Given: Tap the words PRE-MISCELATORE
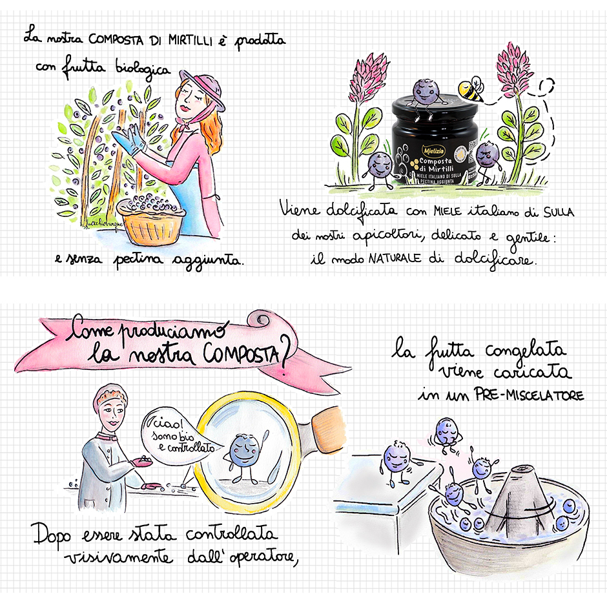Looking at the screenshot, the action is point(530,395).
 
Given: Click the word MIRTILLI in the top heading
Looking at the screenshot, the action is point(190,40).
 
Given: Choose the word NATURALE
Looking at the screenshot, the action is point(395,258).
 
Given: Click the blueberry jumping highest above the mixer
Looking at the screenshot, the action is point(447,433).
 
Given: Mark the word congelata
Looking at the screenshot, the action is point(526,351).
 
